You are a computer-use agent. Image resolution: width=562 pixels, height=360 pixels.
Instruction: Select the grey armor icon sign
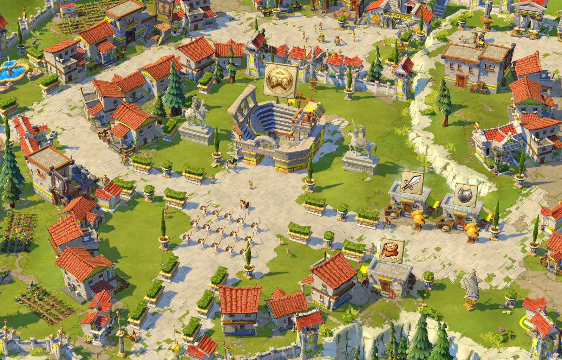(x=466, y=194)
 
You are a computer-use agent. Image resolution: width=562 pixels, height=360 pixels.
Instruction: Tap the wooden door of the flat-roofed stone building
(x=462, y=82)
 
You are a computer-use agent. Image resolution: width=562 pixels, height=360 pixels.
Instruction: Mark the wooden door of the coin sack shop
(x=386, y=285)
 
